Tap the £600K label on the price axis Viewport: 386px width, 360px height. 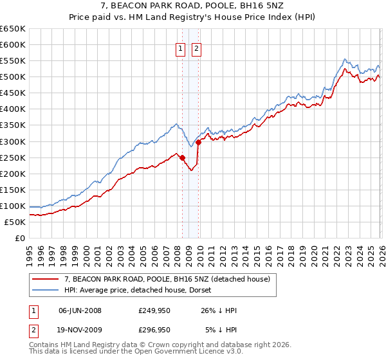click(13, 44)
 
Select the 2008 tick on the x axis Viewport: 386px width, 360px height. click(177, 250)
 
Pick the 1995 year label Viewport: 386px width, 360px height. click(30, 250)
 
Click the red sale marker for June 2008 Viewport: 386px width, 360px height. click(182, 157)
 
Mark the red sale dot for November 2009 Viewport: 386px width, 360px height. click(198, 142)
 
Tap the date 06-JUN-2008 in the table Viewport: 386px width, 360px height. click(80, 310)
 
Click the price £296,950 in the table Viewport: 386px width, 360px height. click(154, 329)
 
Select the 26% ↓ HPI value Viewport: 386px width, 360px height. click(221, 310)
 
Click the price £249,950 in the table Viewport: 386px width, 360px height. click(154, 310)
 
